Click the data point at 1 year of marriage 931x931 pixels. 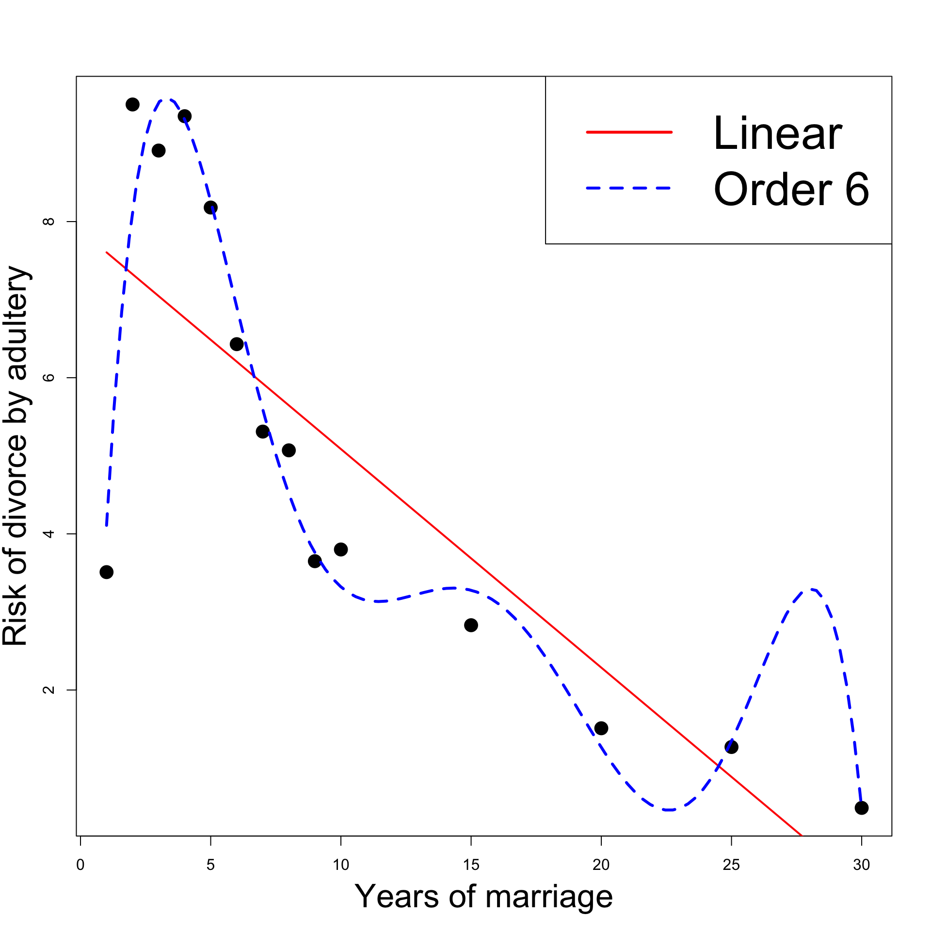pyautogui.click(x=107, y=572)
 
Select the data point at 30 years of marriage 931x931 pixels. pyautogui.click(x=861, y=808)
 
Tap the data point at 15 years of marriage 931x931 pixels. pyautogui.click(x=471, y=625)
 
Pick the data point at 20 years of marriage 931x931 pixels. pyautogui.click(x=601, y=728)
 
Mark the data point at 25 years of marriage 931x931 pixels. pyautogui.click(x=731, y=747)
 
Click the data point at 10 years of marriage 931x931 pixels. pyautogui.click(x=341, y=549)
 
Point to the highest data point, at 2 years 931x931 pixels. pyautogui.click(x=132, y=104)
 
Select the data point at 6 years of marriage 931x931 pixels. pyautogui.click(x=237, y=344)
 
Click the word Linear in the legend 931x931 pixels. pyautogui.click(x=777, y=133)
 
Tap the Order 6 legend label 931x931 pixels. pyautogui.click(x=791, y=189)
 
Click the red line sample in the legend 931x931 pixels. pyautogui.click(x=629, y=132)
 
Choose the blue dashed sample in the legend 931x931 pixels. pyautogui.click(x=629, y=188)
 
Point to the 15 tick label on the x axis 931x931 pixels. pyautogui.click(x=471, y=865)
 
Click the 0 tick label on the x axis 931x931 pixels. pyautogui.click(x=80, y=865)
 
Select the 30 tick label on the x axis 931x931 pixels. pyautogui.click(x=861, y=865)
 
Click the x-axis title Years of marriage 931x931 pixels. pyautogui.click(x=483, y=897)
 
